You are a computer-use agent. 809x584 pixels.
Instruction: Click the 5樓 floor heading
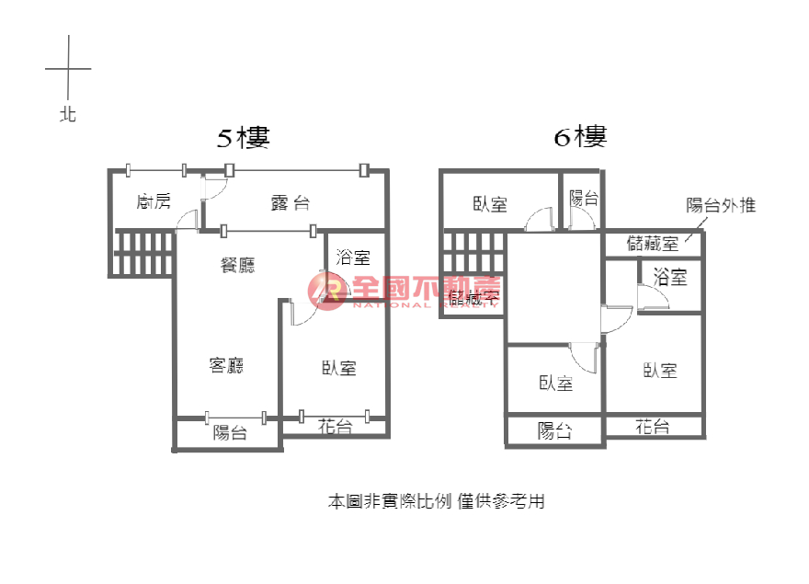243,138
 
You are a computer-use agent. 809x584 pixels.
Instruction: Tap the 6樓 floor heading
580,138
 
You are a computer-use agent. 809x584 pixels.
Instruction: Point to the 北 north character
68,115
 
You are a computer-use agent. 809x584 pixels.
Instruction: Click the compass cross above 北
68,68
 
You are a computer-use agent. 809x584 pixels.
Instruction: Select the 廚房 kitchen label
153,201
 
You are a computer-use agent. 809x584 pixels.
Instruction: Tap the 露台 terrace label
290,203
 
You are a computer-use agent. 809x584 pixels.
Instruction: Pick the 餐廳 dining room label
238,266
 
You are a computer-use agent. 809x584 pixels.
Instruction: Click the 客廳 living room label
226,365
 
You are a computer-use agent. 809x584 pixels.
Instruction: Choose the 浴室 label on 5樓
353,257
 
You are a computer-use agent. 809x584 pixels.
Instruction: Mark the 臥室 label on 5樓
339,368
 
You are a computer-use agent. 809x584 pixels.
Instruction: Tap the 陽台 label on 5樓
230,433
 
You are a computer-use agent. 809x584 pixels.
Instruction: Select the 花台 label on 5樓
336,426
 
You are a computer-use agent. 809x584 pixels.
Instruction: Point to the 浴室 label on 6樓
670,276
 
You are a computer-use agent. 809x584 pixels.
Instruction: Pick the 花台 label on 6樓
652,427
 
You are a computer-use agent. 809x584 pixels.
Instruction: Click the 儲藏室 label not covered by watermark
652,244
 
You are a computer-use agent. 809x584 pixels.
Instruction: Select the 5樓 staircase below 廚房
142,253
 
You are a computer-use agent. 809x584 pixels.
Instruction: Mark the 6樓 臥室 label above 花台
660,370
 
